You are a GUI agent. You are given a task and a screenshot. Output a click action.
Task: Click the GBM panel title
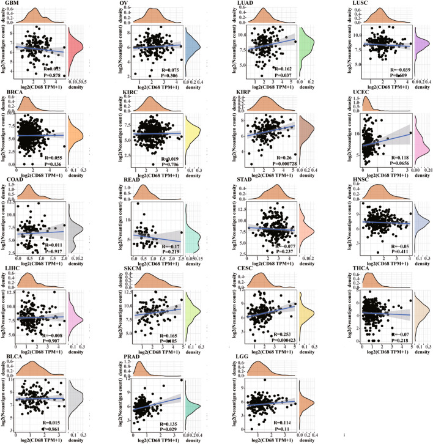(10, 4)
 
